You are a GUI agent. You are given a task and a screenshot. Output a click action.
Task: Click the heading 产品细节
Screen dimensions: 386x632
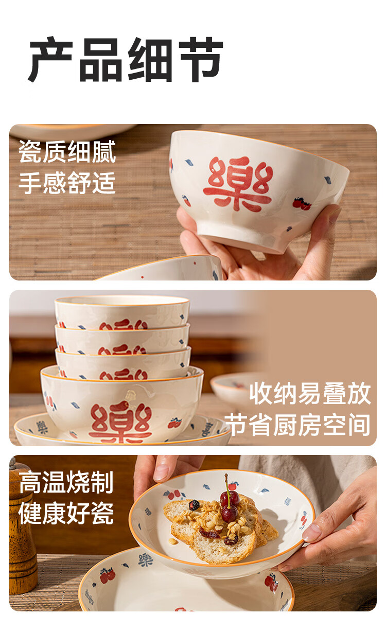coord(126,60)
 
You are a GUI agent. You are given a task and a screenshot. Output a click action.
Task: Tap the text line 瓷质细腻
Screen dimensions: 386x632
coord(67,151)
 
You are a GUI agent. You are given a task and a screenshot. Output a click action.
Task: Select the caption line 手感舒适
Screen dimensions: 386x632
coord(67,183)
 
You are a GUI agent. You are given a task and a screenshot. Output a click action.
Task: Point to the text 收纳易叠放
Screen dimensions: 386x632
coord(310,393)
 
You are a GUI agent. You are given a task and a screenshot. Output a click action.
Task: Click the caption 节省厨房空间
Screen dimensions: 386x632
coord(297,425)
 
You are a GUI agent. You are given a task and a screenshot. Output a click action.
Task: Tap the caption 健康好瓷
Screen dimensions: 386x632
coord(66,513)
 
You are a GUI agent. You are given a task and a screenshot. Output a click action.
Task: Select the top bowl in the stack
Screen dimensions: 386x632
coord(122,312)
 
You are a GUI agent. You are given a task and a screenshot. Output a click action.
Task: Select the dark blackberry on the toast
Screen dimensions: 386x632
coord(194,505)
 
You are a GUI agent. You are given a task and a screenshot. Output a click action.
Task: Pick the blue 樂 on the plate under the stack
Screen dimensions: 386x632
coord(42,427)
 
